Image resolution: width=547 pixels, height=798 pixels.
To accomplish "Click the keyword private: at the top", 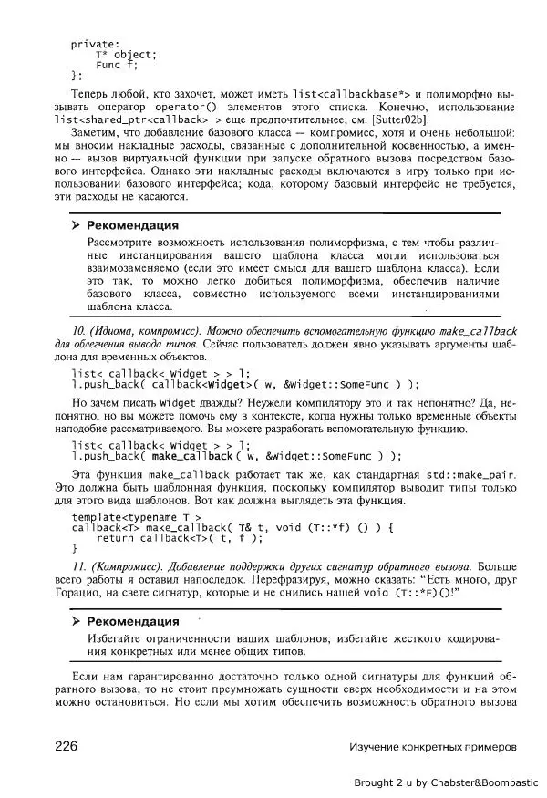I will click(96, 43).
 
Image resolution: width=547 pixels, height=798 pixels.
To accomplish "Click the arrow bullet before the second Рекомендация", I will click(77, 621).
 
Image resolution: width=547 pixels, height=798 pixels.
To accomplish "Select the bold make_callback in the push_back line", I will click(192, 455).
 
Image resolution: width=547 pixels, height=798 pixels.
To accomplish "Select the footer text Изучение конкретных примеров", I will click(432, 746).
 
